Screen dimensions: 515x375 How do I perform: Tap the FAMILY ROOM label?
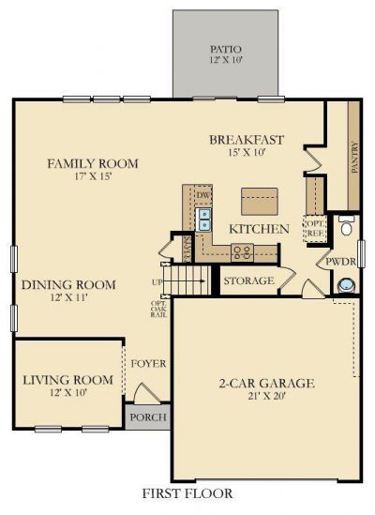[x=93, y=164]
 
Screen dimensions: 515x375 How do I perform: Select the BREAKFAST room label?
[x=247, y=141]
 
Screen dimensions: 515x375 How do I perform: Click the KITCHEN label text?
[x=259, y=229]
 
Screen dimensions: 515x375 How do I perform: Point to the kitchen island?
[x=260, y=201]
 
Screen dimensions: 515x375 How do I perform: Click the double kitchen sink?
[x=204, y=220]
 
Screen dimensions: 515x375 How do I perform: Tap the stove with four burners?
[x=242, y=251]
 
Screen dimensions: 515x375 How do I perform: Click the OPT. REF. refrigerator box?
[x=314, y=228]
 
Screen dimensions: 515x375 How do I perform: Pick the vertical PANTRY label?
[x=354, y=159]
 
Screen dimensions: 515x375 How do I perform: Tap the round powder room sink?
[x=346, y=284]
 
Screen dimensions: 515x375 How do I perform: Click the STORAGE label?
[x=248, y=280]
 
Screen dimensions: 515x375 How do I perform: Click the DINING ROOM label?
[x=68, y=285]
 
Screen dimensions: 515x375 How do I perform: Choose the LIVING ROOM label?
[x=67, y=380]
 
